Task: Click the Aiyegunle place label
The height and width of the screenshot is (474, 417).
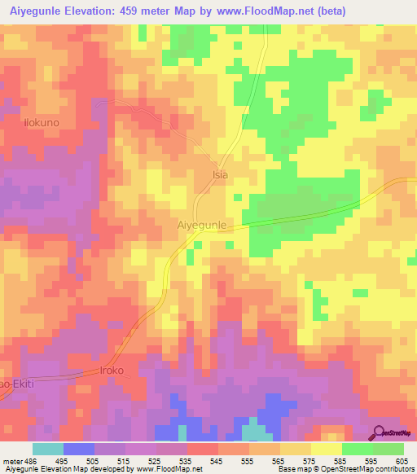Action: tap(200, 222)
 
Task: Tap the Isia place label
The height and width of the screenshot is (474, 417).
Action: tap(220, 174)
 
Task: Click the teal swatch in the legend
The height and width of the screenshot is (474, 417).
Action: tap(47, 449)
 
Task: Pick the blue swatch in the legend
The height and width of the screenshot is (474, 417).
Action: tap(78, 449)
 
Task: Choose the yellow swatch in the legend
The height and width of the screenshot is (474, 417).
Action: tap(326, 449)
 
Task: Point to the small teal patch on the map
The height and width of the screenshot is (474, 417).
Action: tap(256, 432)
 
